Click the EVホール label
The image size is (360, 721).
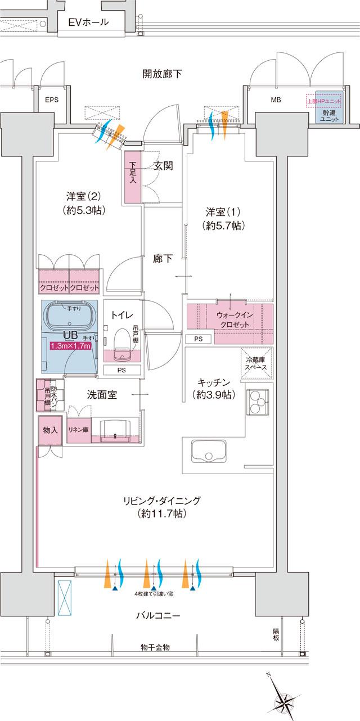tap(88, 23)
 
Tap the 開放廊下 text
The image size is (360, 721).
tap(162, 74)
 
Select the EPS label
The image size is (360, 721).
tap(52, 101)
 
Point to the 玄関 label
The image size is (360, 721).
tap(163, 166)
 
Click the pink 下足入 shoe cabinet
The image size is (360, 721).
tap(133, 177)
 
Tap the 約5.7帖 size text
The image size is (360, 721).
tap(224, 226)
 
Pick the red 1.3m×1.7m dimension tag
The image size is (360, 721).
tap(71, 346)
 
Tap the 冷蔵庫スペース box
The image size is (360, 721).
tap(256, 366)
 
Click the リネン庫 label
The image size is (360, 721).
tap(78, 430)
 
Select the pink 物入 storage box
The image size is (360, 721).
tap(51, 430)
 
